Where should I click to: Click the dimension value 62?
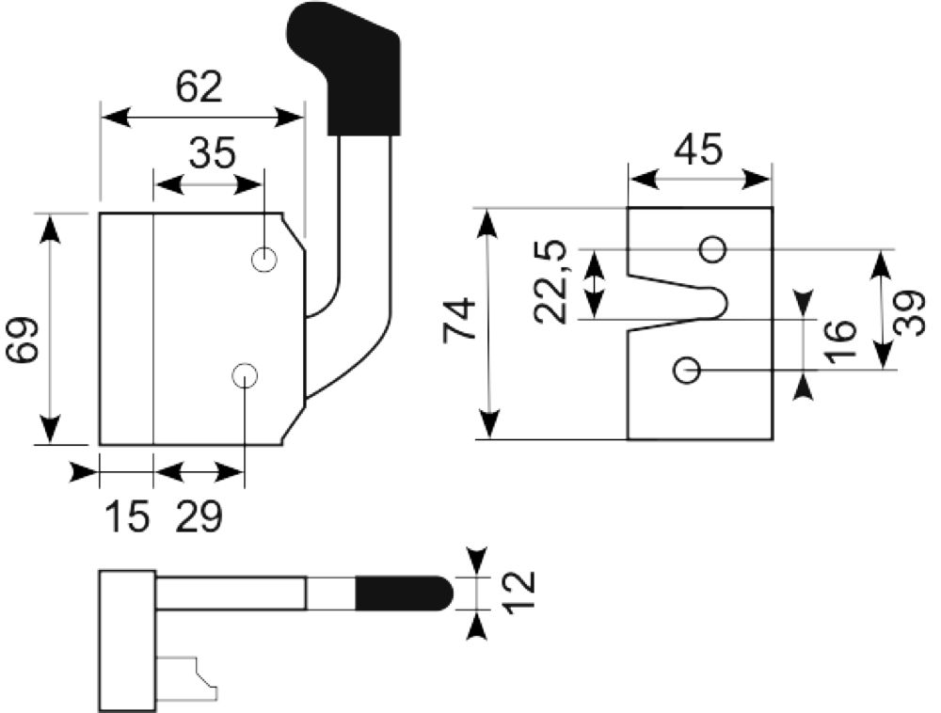(x=199, y=87)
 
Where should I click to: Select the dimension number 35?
(x=213, y=153)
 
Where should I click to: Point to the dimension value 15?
(x=127, y=516)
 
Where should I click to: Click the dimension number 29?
(x=199, y=516)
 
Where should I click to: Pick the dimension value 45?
(x=698, y=149)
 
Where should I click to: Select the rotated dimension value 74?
(x=459, y=321)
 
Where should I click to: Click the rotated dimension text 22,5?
(x=550, y=282)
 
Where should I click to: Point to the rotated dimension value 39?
(x=909, y=313)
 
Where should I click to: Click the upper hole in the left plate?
(x=263, y=260)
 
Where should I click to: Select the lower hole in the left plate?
(x=245, y=376)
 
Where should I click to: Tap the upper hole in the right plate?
(x=713, y=249)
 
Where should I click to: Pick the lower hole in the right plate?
(x=687, y=371)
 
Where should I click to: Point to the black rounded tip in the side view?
(x=404, y=593)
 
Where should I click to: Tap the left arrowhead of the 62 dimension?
(x=115, y=118)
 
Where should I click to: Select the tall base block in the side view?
(x=127, y=642)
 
